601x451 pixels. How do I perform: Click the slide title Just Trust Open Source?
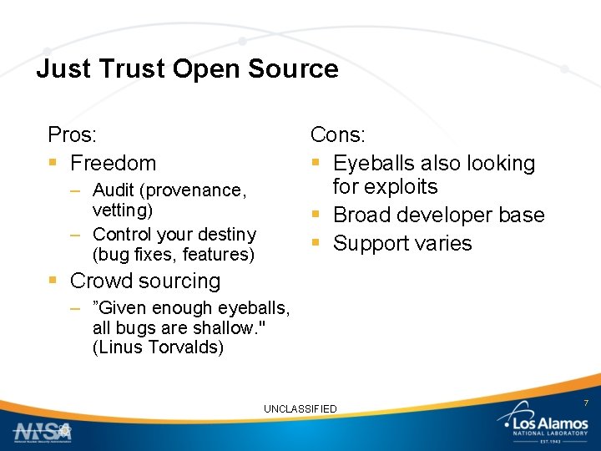187,68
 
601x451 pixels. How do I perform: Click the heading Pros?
72,134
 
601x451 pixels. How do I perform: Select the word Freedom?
113,163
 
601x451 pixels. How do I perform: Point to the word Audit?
113,191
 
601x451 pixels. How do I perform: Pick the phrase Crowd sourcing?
145,281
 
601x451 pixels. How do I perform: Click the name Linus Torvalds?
159,347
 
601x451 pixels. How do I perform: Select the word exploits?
386,186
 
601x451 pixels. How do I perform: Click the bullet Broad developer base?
438,215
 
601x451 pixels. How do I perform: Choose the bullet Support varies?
402,243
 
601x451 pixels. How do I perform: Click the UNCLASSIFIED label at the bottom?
300,408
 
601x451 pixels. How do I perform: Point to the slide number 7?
586,403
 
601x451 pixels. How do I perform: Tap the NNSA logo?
43,431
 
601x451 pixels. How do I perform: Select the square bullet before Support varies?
316,244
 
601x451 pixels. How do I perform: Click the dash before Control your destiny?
75,235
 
